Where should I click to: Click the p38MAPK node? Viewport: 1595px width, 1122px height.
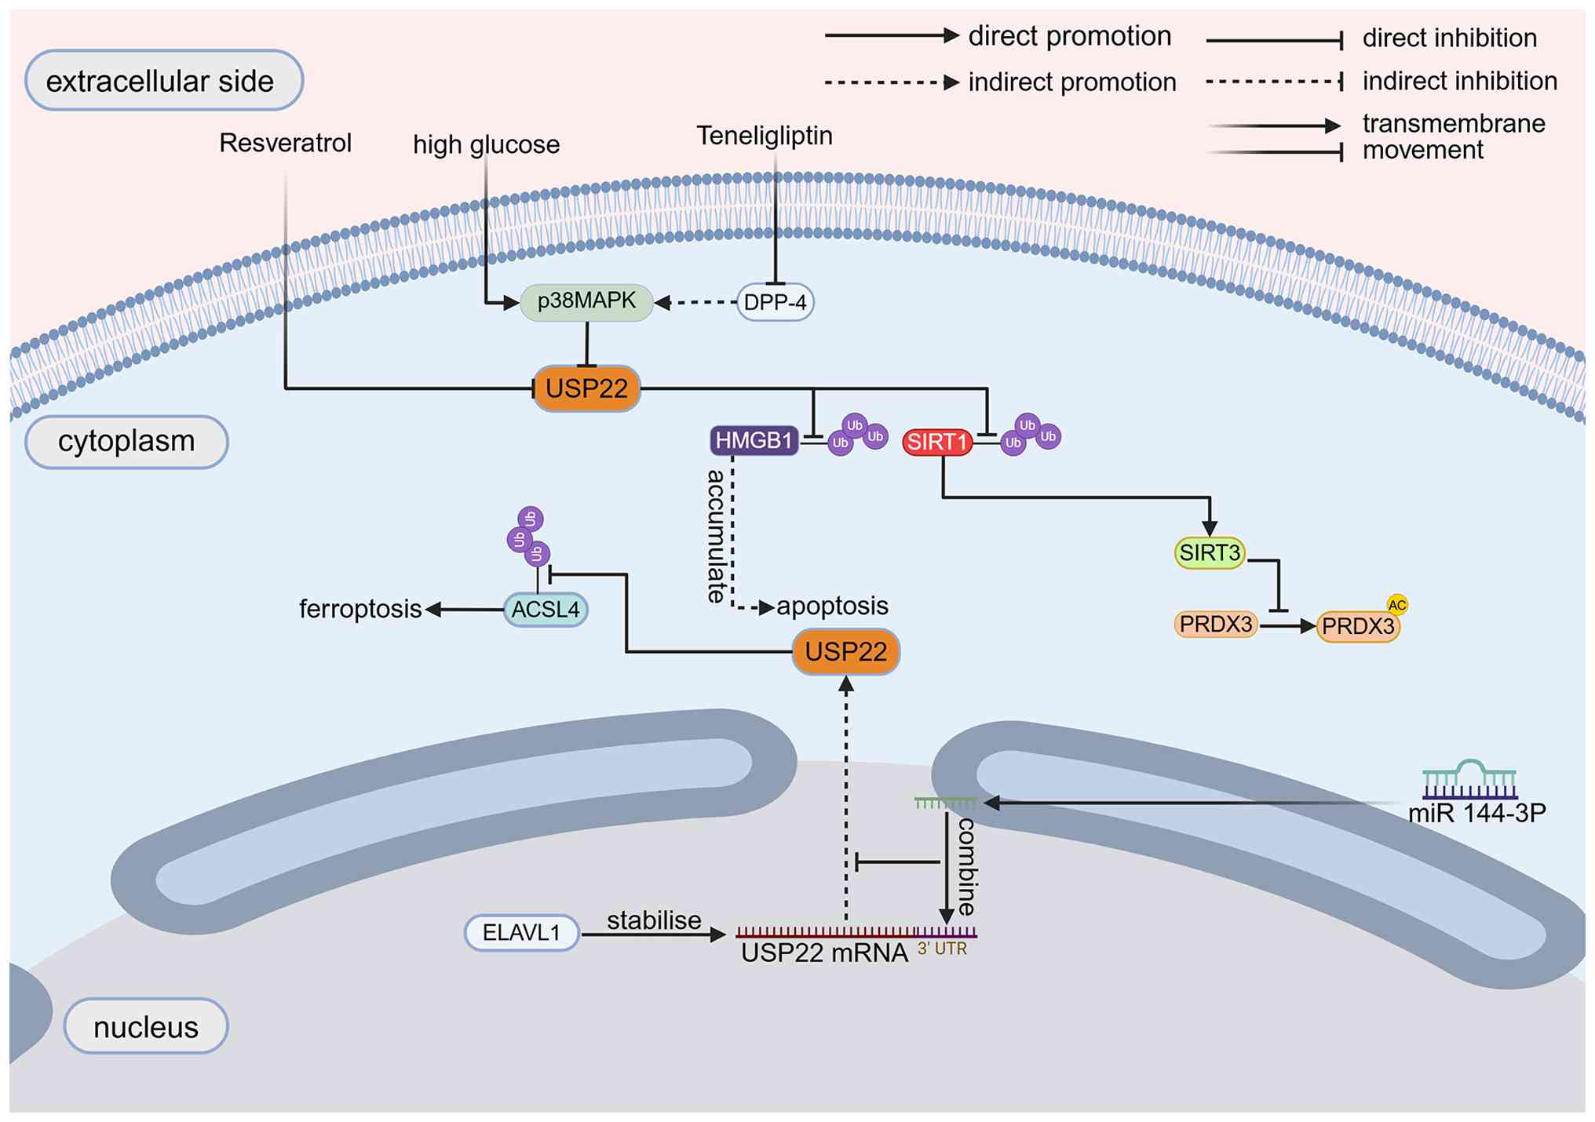pos(586,302)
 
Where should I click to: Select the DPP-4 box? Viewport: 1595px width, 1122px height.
pos(775,302)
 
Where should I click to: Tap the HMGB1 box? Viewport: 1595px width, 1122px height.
pos(754,440)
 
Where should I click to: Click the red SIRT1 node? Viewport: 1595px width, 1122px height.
pos(937,442)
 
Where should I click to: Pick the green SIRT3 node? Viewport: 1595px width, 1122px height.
pos(1210,553)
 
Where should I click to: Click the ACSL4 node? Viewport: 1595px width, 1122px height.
pos(546,610)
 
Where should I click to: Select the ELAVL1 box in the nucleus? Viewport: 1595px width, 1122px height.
pos(521,932)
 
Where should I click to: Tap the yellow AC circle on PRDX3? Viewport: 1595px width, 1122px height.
pos(1396,605)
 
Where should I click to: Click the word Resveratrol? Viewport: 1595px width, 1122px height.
pos(285,143)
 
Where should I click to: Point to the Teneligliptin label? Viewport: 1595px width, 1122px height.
pos(765,136)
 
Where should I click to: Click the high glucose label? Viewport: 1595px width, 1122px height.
pos(486,144)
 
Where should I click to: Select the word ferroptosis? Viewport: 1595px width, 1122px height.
pos(360,609)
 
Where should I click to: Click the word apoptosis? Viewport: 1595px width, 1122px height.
pos(832,606)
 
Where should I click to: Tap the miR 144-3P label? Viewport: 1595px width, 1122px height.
pos(1476,813)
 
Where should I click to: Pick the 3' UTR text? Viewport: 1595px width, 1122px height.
pos(942,949)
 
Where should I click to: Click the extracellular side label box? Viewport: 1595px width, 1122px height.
pos(164,80)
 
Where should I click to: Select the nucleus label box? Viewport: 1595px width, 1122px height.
pos(146,1026)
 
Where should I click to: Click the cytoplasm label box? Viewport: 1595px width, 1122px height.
pos(126,442)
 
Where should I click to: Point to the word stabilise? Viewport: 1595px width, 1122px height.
pos(654,920)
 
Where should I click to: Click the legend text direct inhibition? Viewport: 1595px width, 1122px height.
pos(1449,38)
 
